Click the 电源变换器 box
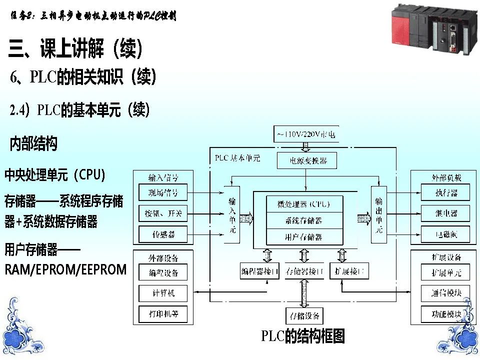[306, 160]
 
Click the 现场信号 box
[163, 192]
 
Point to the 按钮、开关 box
[163, 214]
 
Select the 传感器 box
[163, 233]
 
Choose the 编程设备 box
[163, 273]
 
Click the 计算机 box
[163, 293]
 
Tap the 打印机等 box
[163, 314]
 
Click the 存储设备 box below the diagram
[303, 316]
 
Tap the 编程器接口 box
[259, 272]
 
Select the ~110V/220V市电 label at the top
[306, 134]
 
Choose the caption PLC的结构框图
[303, 336]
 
